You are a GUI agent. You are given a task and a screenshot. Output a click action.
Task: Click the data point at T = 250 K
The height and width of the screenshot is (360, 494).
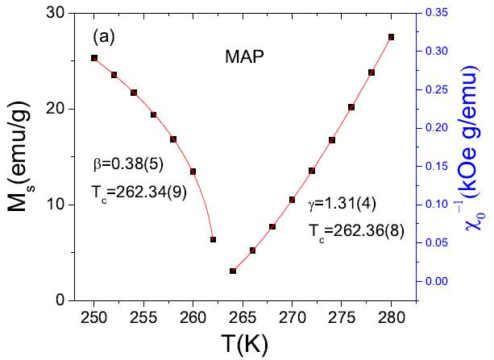point(94,58)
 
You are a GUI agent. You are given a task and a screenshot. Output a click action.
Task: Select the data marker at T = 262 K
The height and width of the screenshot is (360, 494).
point(213,239)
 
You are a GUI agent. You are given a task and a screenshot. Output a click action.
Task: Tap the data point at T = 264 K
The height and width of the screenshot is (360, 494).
point(233,271)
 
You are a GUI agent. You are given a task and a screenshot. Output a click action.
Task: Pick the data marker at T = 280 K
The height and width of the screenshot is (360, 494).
point(392,37)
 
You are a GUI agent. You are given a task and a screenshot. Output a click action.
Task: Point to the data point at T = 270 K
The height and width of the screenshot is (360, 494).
point(293,200)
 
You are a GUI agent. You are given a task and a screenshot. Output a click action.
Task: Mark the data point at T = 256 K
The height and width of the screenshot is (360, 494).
point(154,114)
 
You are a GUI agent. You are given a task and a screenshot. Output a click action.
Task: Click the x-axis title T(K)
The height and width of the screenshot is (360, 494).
point(243,342)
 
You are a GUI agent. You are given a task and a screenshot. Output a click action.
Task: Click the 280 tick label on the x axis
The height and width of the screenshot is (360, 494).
point(392,315)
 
